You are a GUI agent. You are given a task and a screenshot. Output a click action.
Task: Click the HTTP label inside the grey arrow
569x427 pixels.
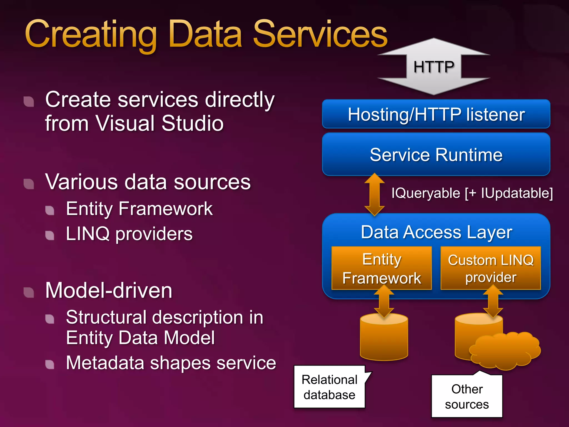(x=433, y=67)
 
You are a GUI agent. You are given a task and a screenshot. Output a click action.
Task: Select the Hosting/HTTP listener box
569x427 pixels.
(x=436, y=114)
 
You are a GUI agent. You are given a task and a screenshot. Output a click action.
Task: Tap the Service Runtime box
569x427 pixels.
(x=436, y=155)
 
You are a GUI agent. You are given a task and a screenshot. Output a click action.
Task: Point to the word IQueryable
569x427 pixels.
(x=425, y=193)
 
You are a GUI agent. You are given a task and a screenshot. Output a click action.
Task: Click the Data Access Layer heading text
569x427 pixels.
(x=436, y=232)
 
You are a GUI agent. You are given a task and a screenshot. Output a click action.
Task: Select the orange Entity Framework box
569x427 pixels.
(x=381, y=268)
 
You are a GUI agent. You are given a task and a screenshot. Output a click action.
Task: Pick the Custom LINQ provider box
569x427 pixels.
(x=491, y=268)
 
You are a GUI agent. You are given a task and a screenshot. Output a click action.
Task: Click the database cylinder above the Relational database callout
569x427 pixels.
(x=384, y=339)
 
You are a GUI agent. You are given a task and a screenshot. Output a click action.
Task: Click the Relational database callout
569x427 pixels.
(x=329, y=387)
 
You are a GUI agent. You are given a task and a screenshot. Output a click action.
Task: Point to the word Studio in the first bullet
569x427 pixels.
(x=192, y=123)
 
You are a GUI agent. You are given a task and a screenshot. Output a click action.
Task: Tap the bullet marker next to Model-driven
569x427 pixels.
(x=29, y=292)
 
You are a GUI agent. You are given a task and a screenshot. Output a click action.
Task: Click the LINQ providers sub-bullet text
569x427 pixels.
(x=129, y=234)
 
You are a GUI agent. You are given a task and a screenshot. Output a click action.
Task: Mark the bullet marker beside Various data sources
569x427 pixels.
(x=29, y=183)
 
